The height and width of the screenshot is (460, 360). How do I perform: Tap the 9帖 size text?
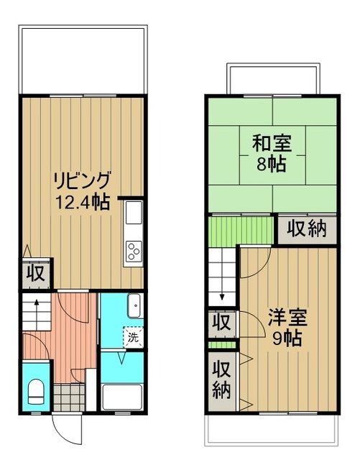(x=286, y=337)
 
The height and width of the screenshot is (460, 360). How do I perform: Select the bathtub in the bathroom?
(x=122, y=396)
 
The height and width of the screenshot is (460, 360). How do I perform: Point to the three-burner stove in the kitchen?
(x=134, y=252)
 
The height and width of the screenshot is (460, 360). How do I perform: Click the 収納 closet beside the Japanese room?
(x=308, y=229)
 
